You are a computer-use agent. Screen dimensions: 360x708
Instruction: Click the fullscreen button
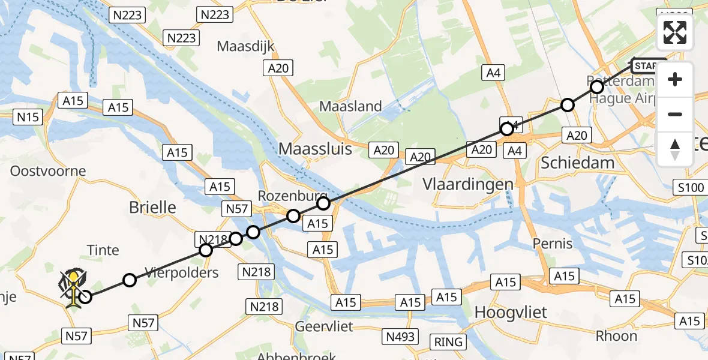(x=675, y=32)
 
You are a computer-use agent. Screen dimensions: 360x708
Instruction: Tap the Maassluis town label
(x=315, y=149)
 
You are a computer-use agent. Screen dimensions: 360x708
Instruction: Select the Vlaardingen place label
(x=468, y=184)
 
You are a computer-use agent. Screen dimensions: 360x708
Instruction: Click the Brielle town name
(x=153, y=208)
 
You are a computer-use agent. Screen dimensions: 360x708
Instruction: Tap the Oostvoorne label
(x=48, y=171)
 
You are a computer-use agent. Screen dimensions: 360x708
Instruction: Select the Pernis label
(x=553, y=244)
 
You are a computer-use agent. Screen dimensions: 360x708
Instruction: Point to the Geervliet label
(x=324, y=326)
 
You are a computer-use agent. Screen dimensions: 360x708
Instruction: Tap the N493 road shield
(x=401, y=337)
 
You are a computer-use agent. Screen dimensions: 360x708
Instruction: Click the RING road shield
(x=449, y=342)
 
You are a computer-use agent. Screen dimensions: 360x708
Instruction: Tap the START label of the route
(x=649, y=66)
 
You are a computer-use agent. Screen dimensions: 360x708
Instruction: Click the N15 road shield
(x=28, y=117)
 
